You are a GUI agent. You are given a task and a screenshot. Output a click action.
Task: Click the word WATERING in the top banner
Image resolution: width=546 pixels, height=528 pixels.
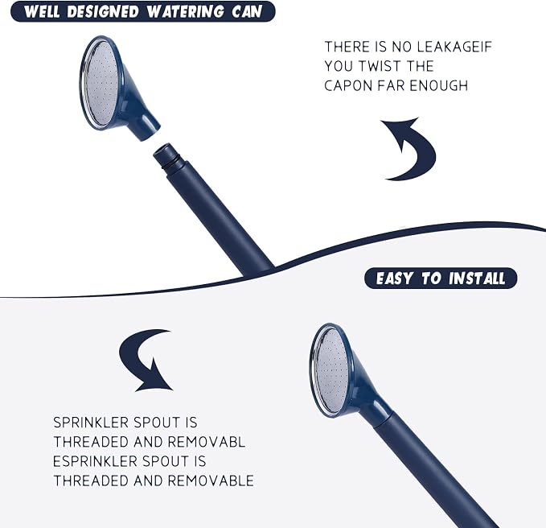(186, 11)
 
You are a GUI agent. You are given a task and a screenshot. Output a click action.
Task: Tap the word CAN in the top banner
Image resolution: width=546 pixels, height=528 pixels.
(247, 11)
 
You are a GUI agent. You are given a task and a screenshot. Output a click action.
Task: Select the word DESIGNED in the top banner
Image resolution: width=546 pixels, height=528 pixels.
(103, 11)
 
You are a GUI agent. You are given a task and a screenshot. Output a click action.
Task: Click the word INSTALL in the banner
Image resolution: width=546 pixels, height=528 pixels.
(477, 278)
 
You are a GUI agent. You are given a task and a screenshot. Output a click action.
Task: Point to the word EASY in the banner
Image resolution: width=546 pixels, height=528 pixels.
(395, 278)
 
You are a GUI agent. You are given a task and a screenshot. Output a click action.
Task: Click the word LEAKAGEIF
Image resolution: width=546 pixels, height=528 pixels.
(454, 47)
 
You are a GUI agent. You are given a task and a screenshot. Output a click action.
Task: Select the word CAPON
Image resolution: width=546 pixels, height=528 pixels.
(348, 86)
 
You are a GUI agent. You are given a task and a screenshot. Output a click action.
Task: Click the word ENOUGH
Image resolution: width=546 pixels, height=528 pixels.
(439, 86)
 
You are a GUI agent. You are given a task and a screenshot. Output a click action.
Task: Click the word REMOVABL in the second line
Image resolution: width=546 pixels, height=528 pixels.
(207, 442)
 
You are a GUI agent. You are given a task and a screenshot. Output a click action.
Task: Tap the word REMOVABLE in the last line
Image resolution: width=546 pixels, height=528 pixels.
(211, 481)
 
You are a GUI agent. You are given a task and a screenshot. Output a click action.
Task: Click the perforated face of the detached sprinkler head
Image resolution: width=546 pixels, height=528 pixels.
(101, 84)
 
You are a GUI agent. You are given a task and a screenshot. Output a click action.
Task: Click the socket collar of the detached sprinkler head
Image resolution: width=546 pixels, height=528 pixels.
(146, 127)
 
